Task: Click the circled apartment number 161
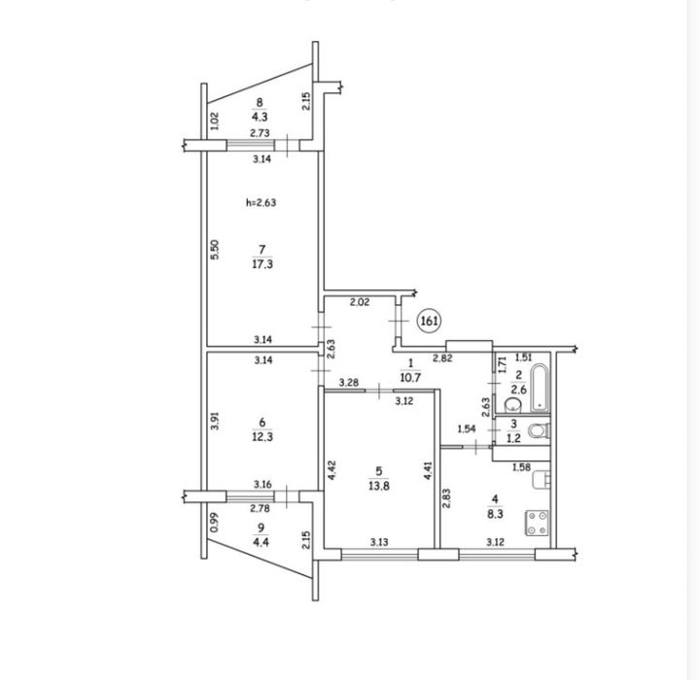pos(429,321)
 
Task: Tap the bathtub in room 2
pos(539,389)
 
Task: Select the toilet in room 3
pos(539,431)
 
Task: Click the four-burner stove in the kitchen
pos(538,523)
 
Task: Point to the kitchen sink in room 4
pos(542,479)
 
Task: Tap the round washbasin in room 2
pos(513,405)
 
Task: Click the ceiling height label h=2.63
pos(262,203)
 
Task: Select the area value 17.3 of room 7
pos(262,264)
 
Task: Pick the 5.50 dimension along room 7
pos(215,250)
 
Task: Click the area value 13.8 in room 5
pos(378,486)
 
